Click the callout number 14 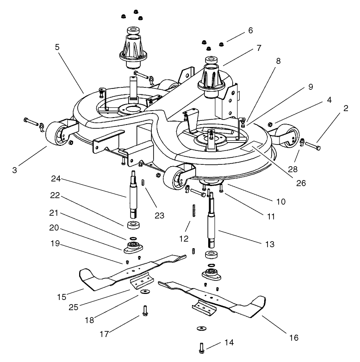(x=229, y=343)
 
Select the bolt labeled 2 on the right (x=314, y=147)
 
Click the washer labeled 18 (x=146, y=292)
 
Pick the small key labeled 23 (x=144, y=181)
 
